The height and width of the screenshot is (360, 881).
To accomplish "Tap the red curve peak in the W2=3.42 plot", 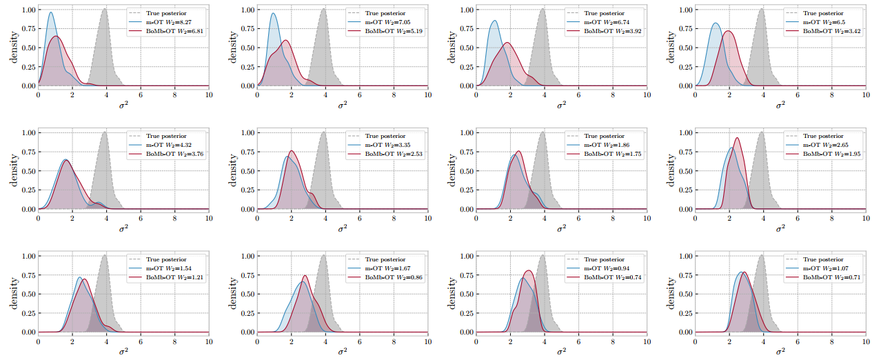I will (728, 32).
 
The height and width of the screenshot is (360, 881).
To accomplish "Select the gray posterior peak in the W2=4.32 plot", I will (104, 132).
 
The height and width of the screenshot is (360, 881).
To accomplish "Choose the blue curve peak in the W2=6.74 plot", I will (494, 21).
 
